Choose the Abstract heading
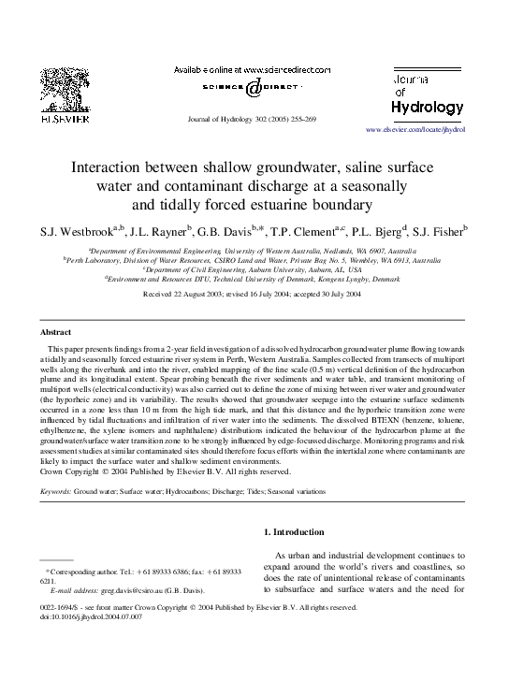(57, 332)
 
